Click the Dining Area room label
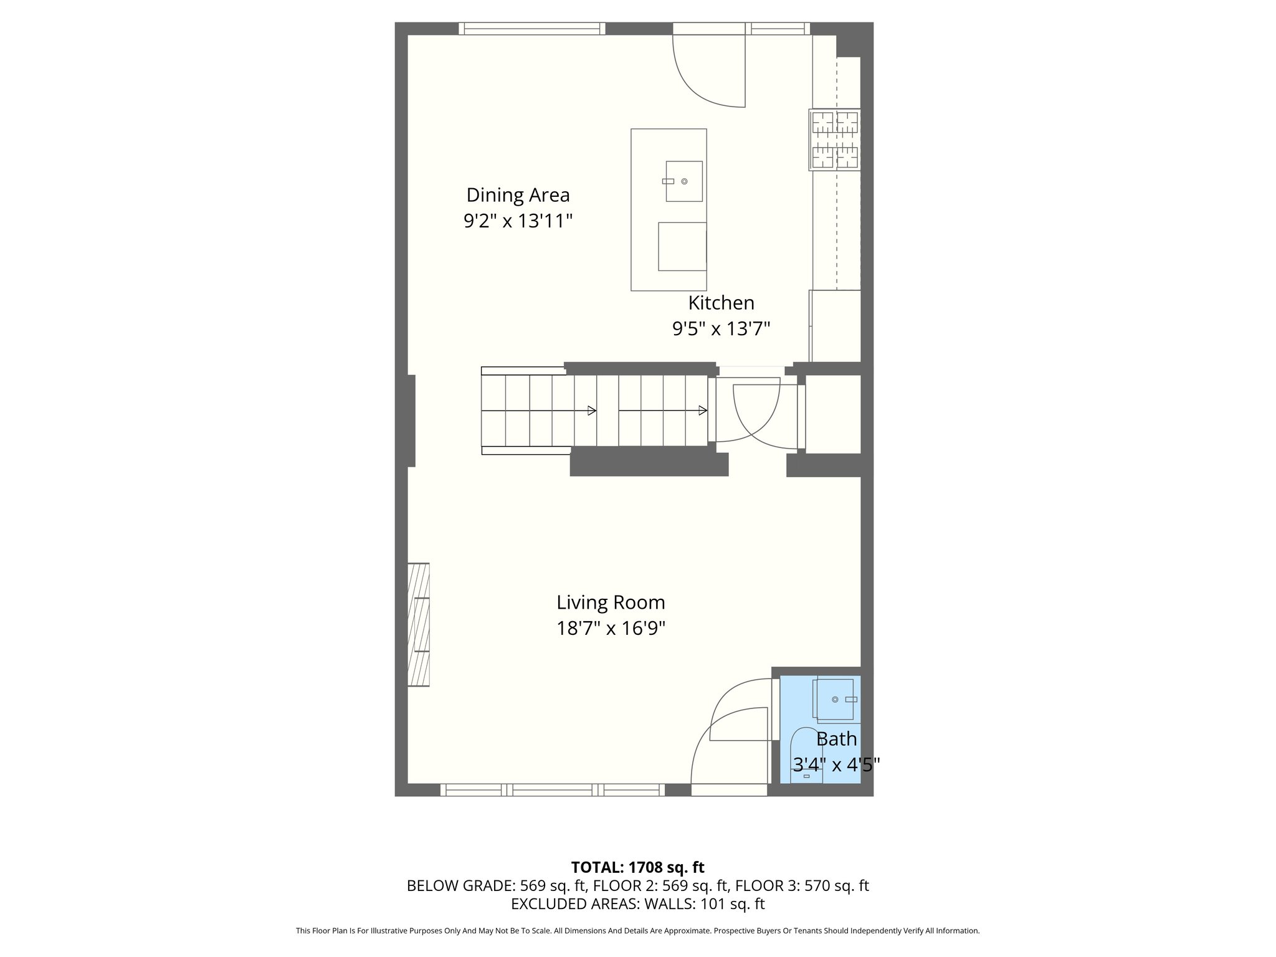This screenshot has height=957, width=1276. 518,195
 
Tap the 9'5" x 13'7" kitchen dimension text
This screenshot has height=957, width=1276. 721,328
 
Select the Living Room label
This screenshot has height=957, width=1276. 611,602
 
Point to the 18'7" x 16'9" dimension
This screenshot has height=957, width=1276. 611,628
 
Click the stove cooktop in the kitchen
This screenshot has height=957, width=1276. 834,140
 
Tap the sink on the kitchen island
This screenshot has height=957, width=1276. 683,181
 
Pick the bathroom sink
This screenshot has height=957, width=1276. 835,699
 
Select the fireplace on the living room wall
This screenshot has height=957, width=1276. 419,624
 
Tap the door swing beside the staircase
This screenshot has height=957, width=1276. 757,414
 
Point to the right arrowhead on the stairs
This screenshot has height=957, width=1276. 702,411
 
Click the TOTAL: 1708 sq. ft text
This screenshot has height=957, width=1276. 637,867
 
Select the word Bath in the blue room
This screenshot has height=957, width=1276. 836,739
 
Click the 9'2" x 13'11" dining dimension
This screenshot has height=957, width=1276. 518,221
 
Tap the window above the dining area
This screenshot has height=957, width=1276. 532,29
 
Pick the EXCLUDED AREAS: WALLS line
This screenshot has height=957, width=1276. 637,904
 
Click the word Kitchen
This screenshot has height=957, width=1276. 721,303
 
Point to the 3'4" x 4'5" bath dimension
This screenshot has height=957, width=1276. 836,764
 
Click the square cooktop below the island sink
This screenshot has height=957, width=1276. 682,246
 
